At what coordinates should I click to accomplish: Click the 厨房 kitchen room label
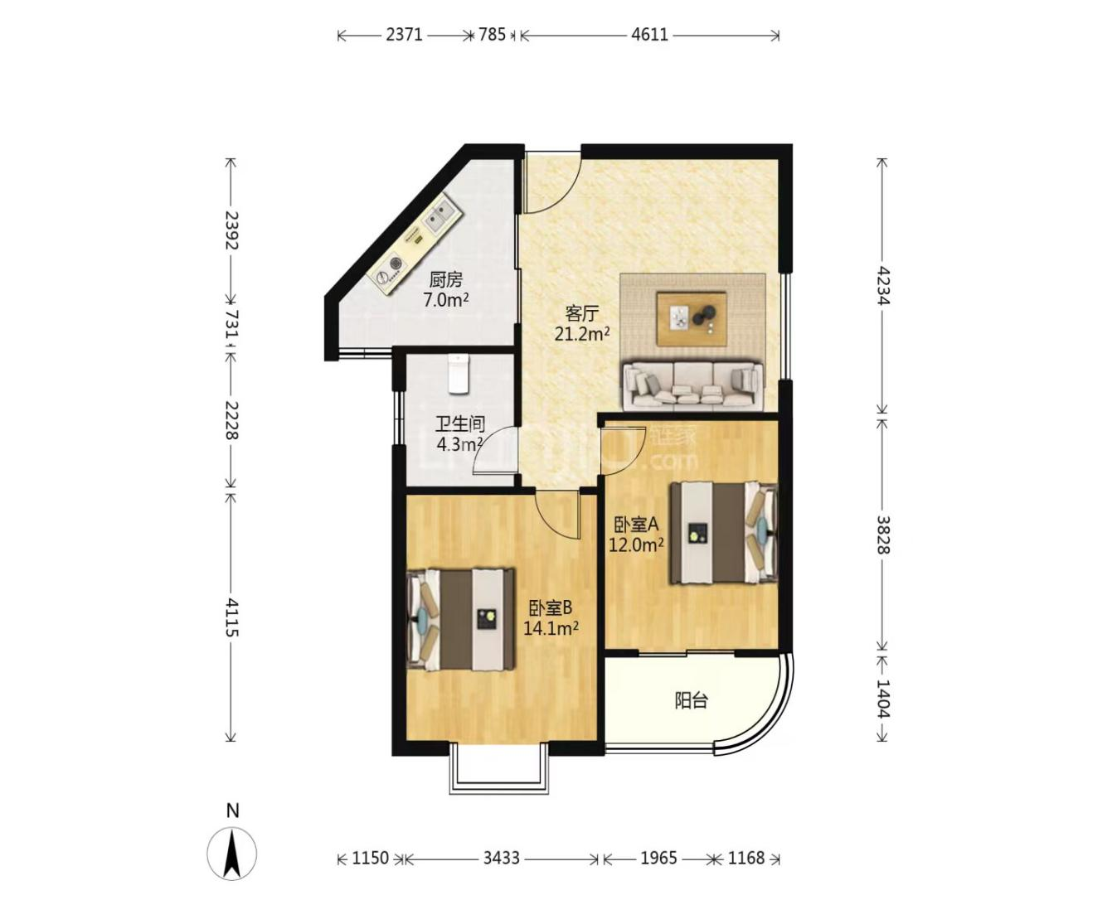[445, 280]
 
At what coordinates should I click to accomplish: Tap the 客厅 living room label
[582, 314]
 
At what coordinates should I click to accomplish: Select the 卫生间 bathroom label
[460, 423]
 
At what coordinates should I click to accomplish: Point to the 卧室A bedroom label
[636, 525]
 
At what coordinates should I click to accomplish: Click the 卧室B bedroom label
[551, 607]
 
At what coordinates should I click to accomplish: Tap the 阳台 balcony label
[692, 701]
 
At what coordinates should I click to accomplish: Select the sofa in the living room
[693, 384]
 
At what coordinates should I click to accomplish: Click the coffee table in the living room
[692, 318]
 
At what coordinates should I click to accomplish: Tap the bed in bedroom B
[461, 620]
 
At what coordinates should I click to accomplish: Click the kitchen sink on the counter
[441, 217]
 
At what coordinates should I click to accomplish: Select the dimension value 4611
[650, 35]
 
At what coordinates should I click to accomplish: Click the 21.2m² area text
[582, 333]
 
